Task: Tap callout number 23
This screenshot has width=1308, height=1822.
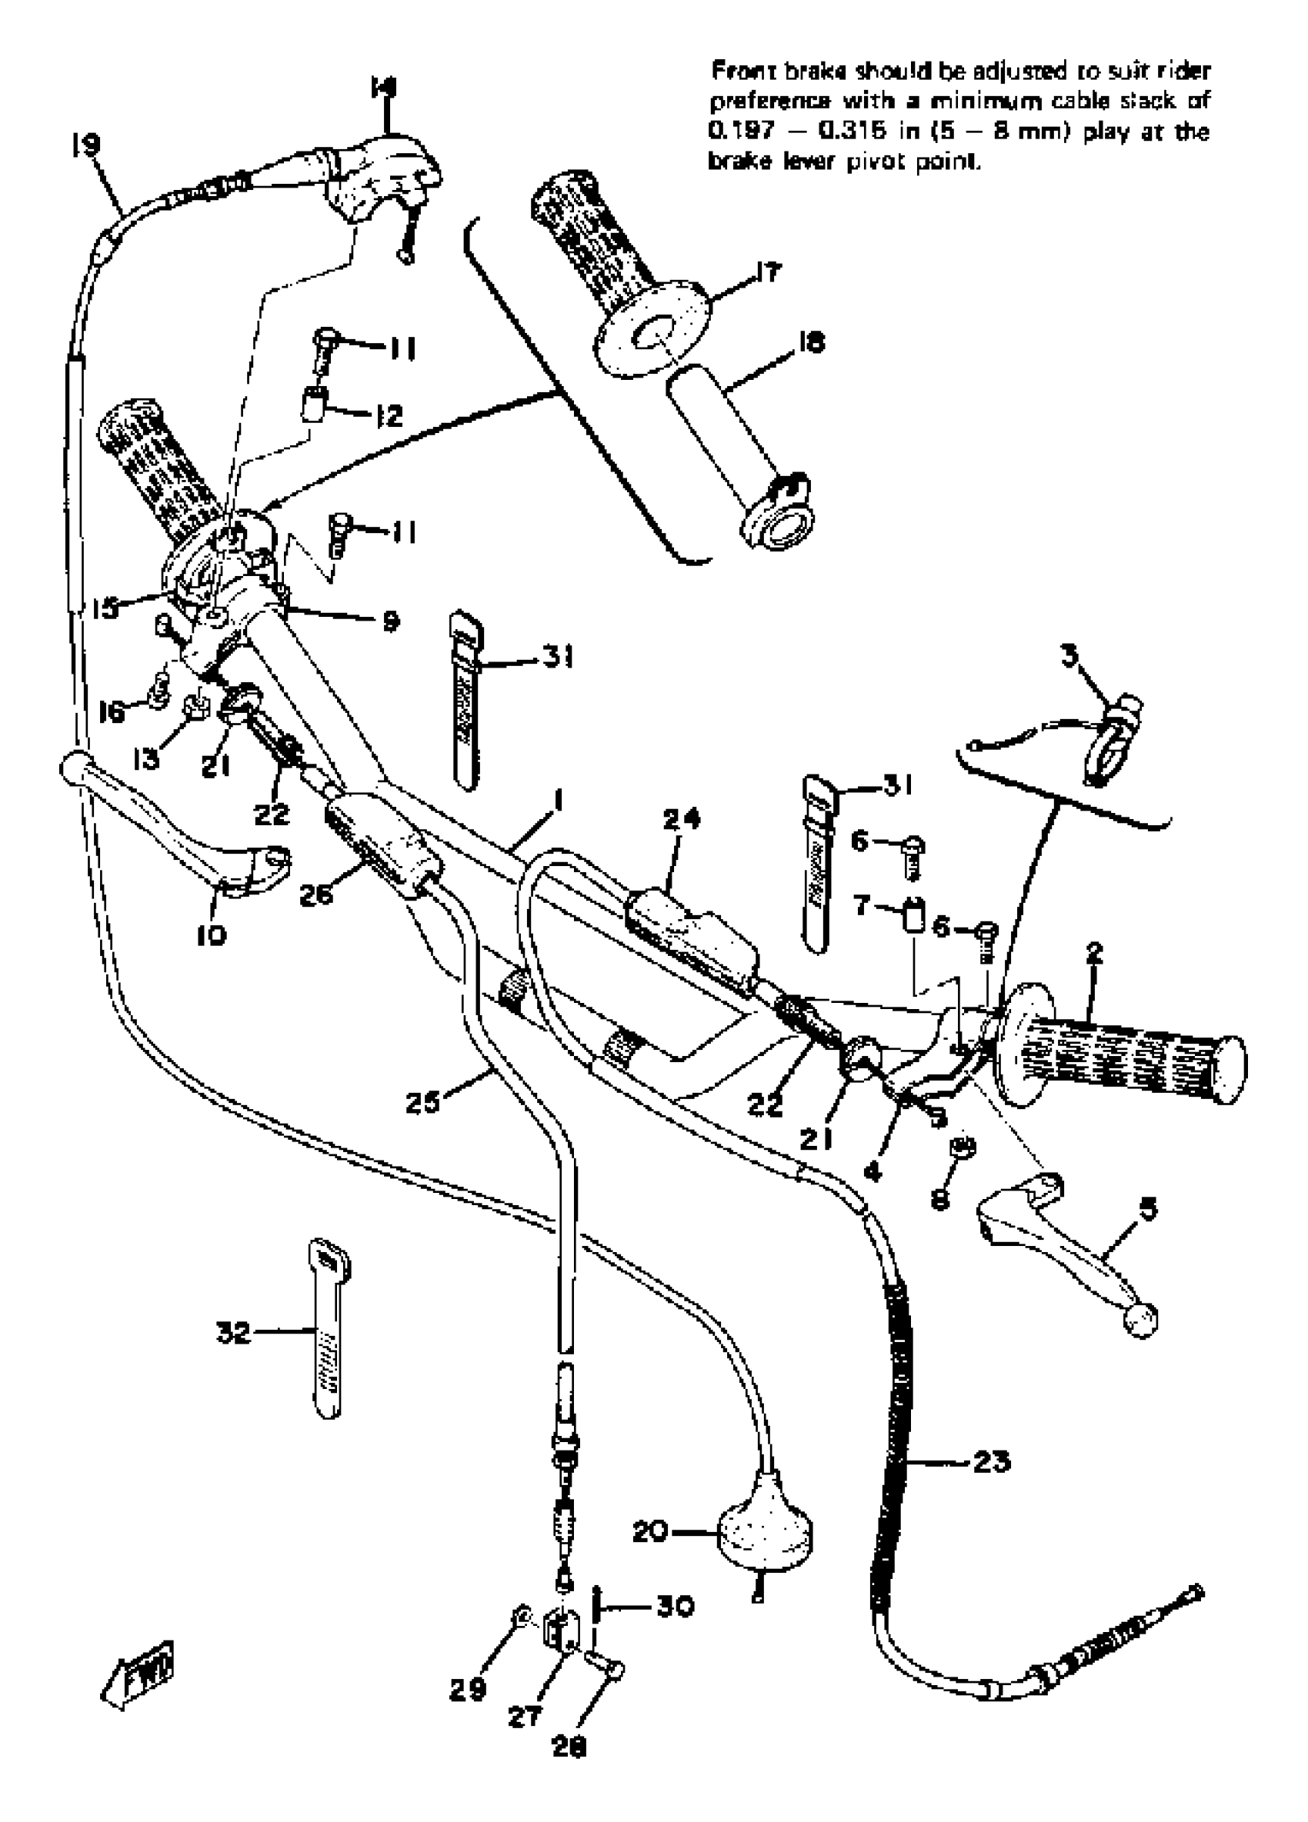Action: tap(991, 1461)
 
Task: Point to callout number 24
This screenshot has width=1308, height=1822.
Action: tap(682, 819)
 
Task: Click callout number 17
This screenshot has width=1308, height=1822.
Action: tap(768, 273)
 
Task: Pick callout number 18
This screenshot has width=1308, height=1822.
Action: tap(812, 343)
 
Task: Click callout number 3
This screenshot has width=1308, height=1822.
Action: tap(1069, 656)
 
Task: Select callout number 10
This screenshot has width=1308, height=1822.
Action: tap(211, 934)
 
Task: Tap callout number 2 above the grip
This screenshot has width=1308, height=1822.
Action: tap(1093, 954)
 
